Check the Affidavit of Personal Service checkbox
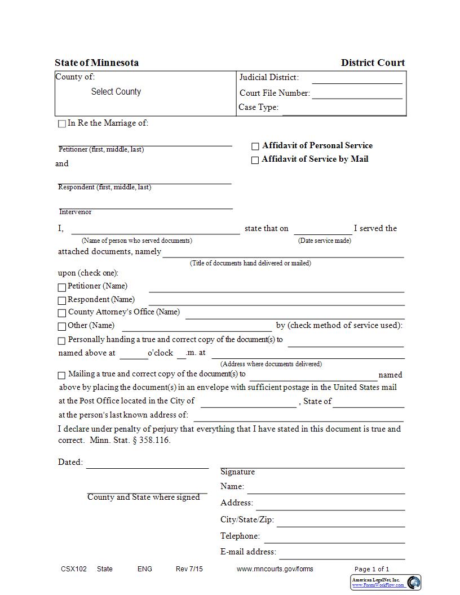(255, 146)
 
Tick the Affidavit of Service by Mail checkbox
(255, 160)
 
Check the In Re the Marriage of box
(62, 124)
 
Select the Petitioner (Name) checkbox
(62, 287)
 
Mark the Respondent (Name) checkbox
(62, 300)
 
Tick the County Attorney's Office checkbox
(62, 313)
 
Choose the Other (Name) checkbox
(62, 326)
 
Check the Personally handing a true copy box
(62, 340)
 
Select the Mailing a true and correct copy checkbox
(62, 375)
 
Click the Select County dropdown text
(116, 92)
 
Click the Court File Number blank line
(357, 94)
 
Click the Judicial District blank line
(357, 78)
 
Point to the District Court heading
(373, 63)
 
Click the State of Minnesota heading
(96, 63)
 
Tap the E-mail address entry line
(342, 552)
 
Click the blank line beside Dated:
(147, 463)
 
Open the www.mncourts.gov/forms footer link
(274, 569)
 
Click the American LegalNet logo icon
(414, 583)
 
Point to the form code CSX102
(74, 569)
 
